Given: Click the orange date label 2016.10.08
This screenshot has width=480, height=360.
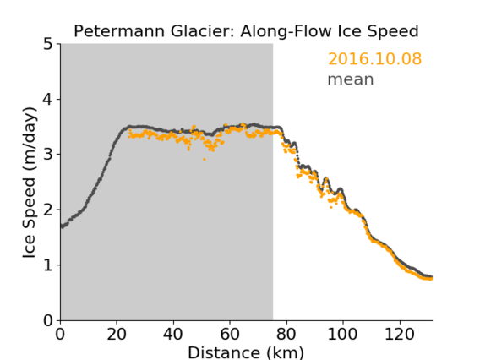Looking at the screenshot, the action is (x=374, y=58).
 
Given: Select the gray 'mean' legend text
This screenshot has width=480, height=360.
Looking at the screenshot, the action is (x=351, y=79).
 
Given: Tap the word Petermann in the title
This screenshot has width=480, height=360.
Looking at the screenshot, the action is (x=119, y=31).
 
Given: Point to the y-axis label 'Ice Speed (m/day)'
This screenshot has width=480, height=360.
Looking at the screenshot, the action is (x=30, y=183).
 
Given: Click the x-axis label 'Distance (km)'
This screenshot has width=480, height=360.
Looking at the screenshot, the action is (x=246, y=352).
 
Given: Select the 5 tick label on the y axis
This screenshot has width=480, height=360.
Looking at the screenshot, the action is (x=48, y=45).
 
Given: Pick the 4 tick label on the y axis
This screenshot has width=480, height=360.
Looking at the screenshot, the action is (x=48, y=100).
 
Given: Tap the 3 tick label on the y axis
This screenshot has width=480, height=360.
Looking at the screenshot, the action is (x=48, y=155).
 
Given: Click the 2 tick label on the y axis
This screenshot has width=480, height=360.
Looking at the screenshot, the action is (x=48, y=210).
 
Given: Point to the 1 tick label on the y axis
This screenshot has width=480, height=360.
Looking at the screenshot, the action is (x=48, y=265).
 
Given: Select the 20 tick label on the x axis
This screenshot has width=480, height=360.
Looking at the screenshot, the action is (x=117, y=334).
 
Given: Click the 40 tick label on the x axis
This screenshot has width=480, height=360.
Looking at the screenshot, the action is (x=173, y=334).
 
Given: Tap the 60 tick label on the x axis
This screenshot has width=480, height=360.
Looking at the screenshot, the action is (x=230, y=334).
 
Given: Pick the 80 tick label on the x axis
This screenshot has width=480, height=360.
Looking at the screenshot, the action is (x=286, y=334).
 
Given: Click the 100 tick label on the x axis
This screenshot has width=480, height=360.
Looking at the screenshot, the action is (x=342, y=334).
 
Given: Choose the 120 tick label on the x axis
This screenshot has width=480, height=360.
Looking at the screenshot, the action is (x=399, y=334).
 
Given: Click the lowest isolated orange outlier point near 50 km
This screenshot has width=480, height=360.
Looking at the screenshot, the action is (x=205, y=159).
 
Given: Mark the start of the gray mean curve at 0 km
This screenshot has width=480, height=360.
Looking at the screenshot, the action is (x=62, y=226).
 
